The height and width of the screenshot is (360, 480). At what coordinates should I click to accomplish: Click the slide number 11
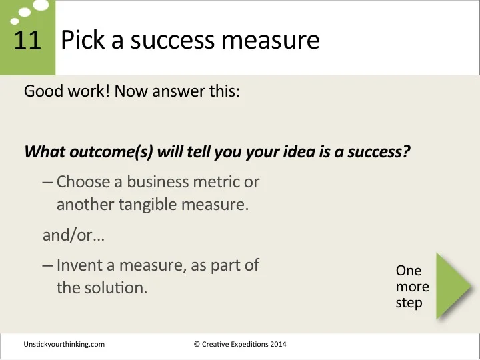(27, 41)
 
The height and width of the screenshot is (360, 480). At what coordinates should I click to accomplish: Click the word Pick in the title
(81, 41)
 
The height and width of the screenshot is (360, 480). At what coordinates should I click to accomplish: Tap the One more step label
(412, 287)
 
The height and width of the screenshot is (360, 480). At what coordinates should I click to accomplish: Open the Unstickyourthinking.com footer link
(64, 344)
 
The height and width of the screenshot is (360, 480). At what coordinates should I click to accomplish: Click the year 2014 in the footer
(276, 344)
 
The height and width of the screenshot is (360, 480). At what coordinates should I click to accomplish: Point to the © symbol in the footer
(197, 344)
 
